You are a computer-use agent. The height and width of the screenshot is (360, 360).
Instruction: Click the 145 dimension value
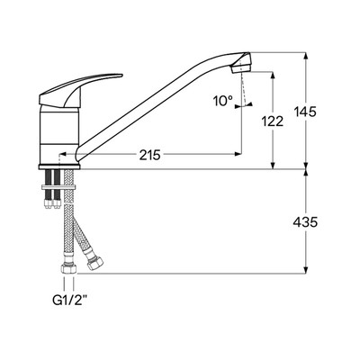[x=305, y=112]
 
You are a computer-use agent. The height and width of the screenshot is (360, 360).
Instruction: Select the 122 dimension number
[x=273, y=121]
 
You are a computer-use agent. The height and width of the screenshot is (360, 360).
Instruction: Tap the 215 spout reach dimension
[x=150, y=155]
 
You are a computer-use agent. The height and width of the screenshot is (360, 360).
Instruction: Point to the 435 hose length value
[x=305, y=222]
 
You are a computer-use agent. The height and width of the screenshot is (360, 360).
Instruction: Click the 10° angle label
[x=223, y=101]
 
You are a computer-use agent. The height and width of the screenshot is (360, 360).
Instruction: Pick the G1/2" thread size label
[x=68, y=301]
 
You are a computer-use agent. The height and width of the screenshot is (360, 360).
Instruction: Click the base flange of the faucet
[x=59, y=166]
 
